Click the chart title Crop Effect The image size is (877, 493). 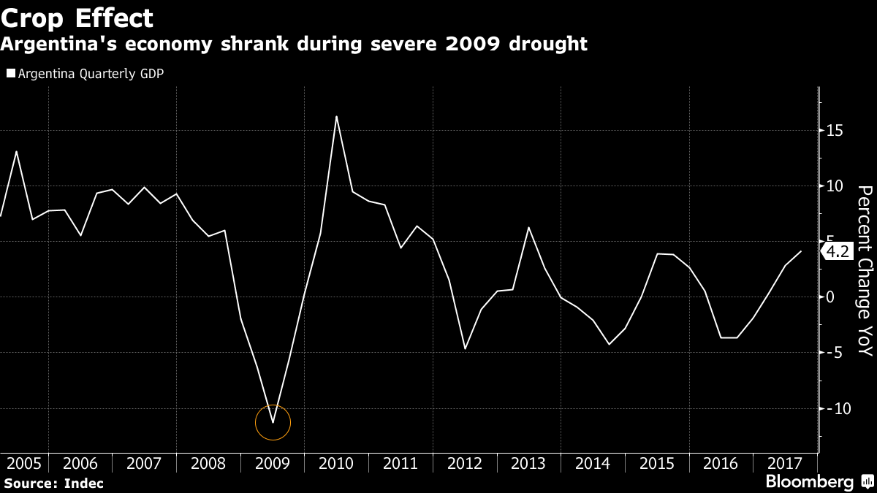[x=77, y=18]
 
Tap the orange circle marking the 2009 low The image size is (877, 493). [x=273, y=422]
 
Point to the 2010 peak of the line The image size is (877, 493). [x=336, y=116]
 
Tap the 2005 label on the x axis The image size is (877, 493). [x=23, y=463]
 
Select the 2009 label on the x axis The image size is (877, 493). [x=273, y=463]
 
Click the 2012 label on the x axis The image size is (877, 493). [x=465, y=463]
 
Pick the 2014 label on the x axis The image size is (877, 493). [x=593, y=463]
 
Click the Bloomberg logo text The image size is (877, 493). [x=809, y=482]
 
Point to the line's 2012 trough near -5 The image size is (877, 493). [x=465, y=348]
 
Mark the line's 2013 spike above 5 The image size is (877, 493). [x=528, y=227]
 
